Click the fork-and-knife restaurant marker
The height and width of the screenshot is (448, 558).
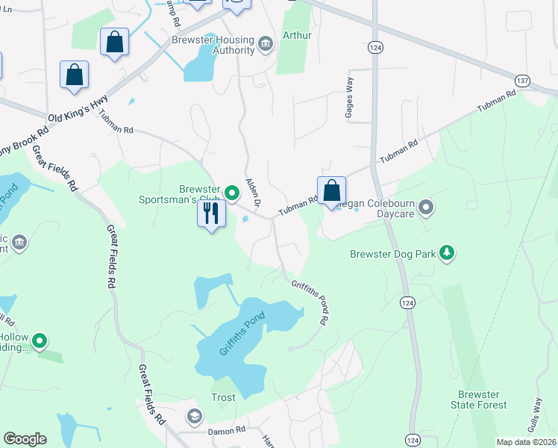tap(212, 214)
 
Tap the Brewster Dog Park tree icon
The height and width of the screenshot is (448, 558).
tap(447, 254)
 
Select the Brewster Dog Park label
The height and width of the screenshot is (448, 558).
tap(392, 255)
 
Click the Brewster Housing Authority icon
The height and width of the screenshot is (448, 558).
tap(265, 46)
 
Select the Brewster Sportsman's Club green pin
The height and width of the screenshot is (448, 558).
tap(232, 193)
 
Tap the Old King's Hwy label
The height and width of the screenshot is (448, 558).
tap(78, 110)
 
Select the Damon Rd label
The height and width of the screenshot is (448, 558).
tap(226, 431)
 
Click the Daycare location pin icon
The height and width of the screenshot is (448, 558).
tap(426, 207)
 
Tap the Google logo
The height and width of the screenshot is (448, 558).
tap(25, 439)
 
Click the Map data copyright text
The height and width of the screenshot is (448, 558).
tap(526, 442)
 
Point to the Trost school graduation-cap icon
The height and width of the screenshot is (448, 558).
tap(195, 416)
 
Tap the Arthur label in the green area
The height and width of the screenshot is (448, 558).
tap(297, 35)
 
